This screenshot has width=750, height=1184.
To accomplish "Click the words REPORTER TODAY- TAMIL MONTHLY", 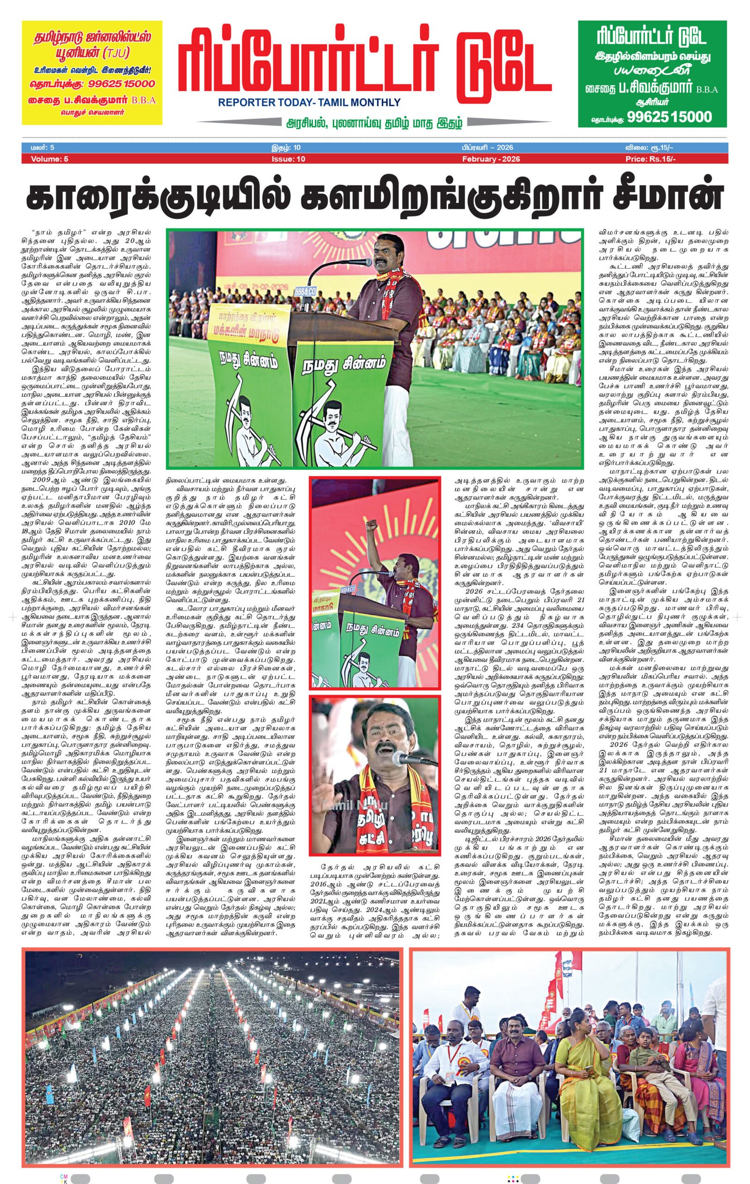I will [309, 103].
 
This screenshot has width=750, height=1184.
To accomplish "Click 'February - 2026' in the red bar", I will [490, 159].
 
